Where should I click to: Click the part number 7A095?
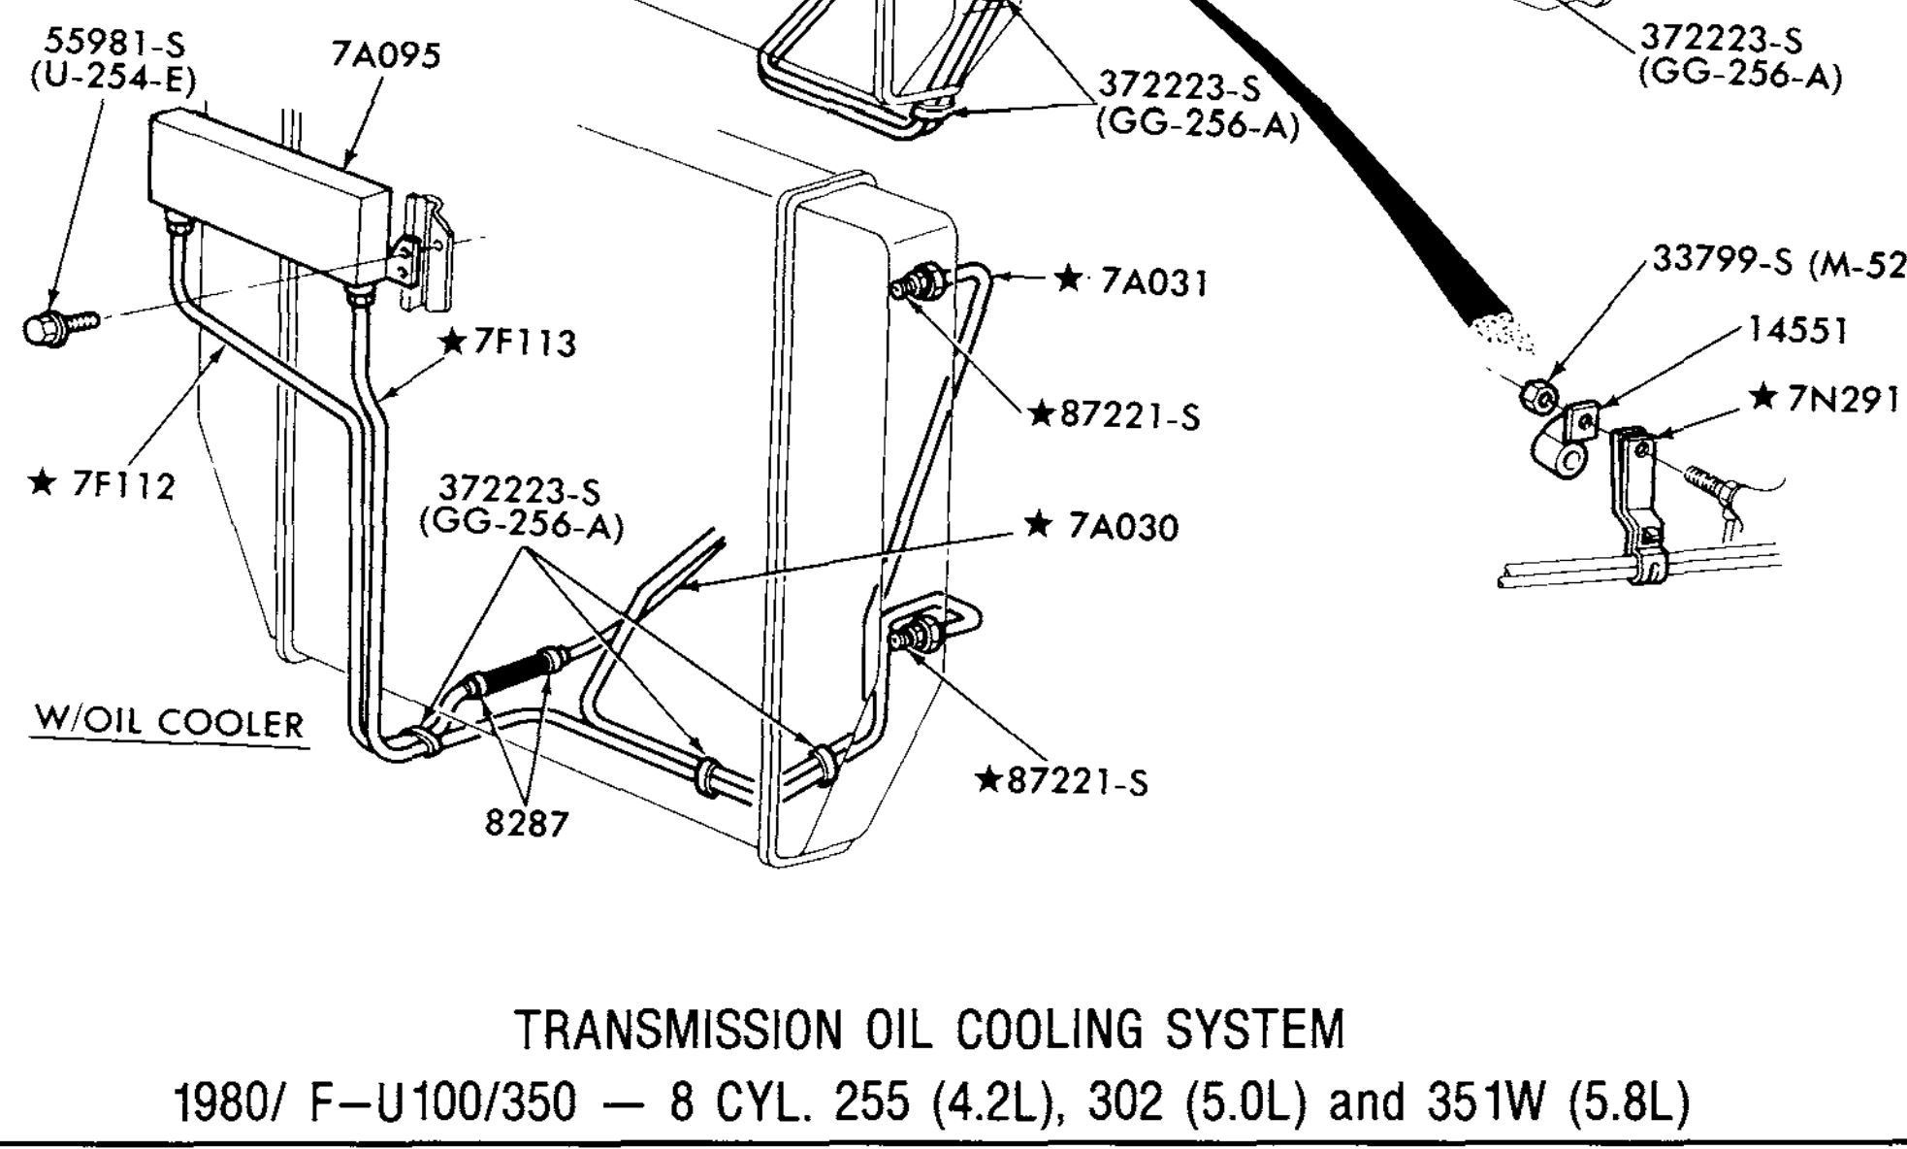click(386, 55)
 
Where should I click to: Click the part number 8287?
click(526, 823)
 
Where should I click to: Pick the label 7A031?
click(1154, 283)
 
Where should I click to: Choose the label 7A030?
click(1123, 527)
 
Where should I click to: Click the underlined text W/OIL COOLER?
click(169, 723)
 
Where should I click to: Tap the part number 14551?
click(1797, 330)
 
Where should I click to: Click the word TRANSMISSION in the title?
click(680, 1031)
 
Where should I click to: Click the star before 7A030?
click(1037, 525)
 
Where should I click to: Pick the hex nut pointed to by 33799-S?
click(1538, 396)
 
